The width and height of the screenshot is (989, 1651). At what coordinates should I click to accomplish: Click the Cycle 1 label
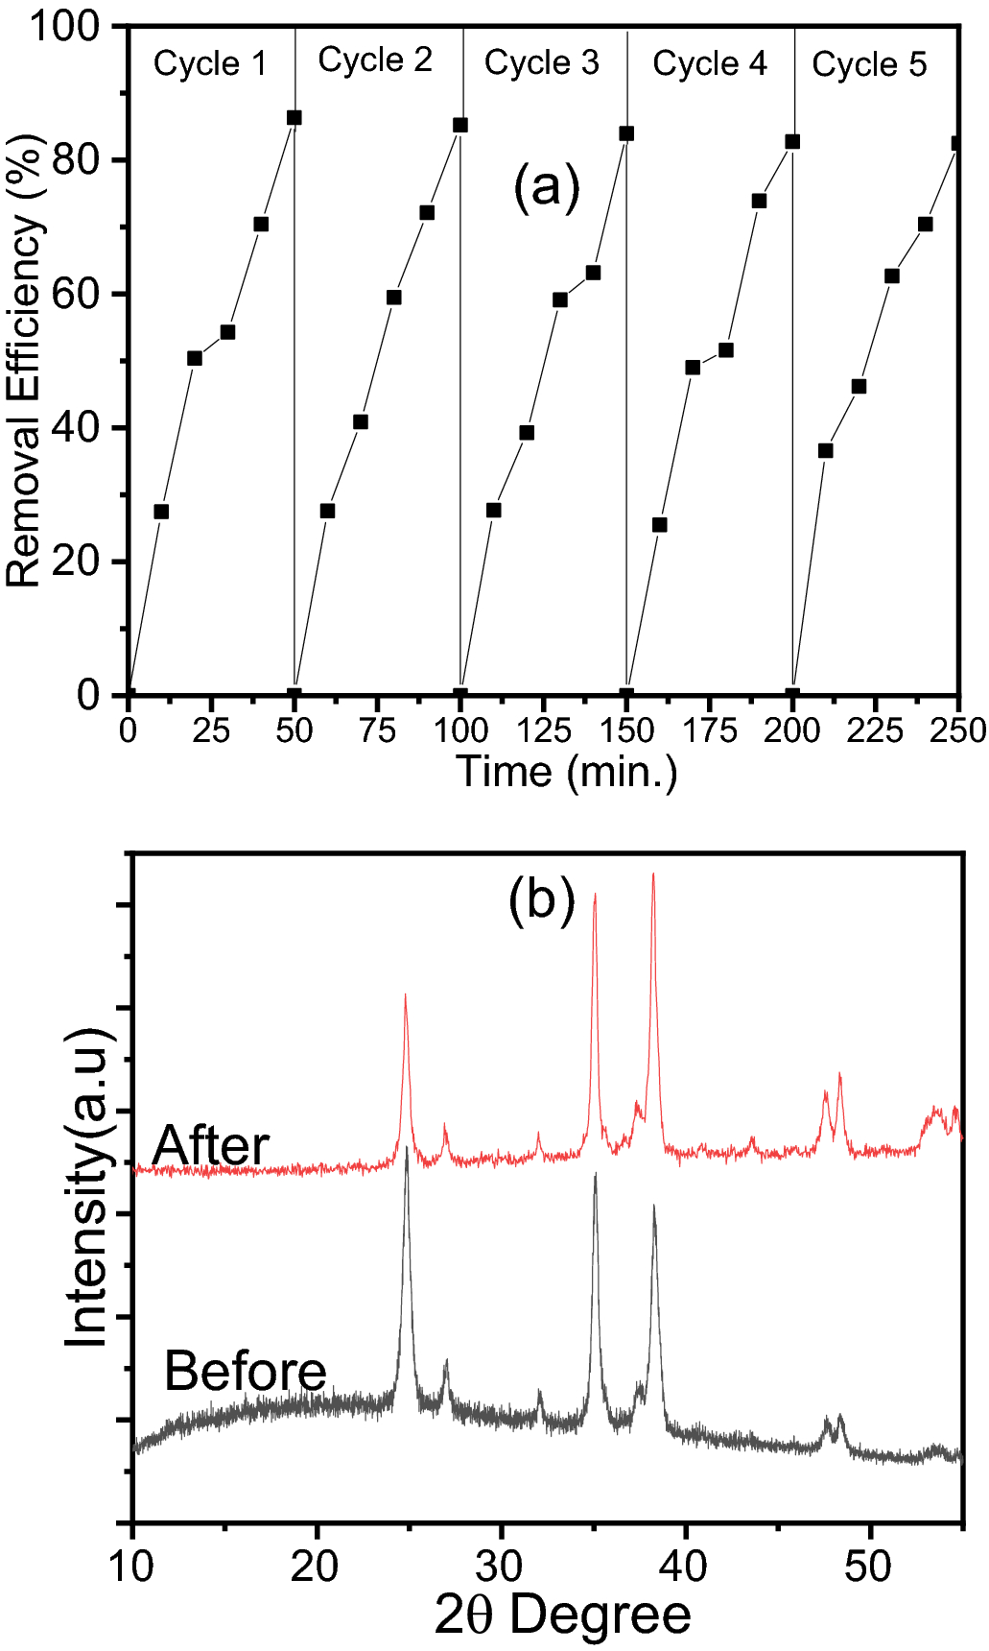coord(210,64)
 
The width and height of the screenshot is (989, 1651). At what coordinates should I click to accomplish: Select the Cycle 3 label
coord(541,63)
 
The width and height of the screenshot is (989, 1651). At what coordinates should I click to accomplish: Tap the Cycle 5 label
coord(869,65)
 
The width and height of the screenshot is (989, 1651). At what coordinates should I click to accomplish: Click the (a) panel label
coord(547,187)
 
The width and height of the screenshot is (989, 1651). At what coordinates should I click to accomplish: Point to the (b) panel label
coord(541,900)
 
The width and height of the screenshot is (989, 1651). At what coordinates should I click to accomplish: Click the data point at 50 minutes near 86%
coord(294,117)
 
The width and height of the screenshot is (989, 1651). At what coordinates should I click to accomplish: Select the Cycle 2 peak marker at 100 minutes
coord(460,125)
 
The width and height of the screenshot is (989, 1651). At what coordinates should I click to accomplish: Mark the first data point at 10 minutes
coord(161,512)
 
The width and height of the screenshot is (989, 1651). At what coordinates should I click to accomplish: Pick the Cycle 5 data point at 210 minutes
coord(825,450)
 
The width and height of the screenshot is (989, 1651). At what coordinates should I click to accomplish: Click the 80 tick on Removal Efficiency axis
coord(76,160)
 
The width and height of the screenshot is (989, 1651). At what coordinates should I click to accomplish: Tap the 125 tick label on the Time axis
coord(543,731)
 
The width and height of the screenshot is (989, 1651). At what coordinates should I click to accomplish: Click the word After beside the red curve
coord(211,1145)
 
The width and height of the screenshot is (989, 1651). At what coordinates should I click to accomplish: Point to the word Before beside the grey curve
coord(246,1370)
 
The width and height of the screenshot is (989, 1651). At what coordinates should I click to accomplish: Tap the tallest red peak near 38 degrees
coord(653,875)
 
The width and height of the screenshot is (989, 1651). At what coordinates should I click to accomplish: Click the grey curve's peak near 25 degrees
coord(407,1149)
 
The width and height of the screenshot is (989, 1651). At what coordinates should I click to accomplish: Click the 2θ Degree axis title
coord(562,1615)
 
